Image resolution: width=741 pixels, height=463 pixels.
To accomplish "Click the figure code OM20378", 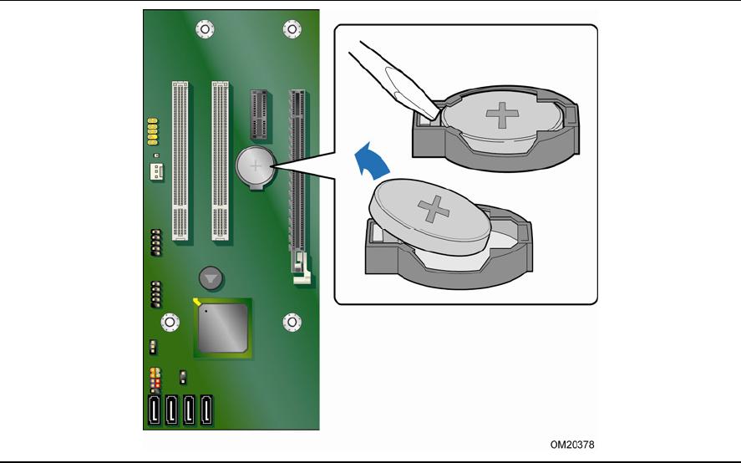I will (572, 445).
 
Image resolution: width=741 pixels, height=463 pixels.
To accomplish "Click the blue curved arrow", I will (370, 160).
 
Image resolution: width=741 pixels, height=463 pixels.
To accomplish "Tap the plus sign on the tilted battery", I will (435, 208).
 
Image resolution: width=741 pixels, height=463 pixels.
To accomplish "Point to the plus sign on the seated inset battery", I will (501, 114).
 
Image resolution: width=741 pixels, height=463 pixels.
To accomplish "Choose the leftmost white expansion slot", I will (180, 160).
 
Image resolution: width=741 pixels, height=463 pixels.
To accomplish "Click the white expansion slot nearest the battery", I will (220, 160).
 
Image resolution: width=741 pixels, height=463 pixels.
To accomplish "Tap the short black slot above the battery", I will (258, 114).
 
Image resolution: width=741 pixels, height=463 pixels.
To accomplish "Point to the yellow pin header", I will (154, 130).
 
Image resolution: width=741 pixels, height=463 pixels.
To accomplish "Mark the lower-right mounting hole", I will (292, 322).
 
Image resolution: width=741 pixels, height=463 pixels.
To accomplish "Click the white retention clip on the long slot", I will (301, 271).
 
